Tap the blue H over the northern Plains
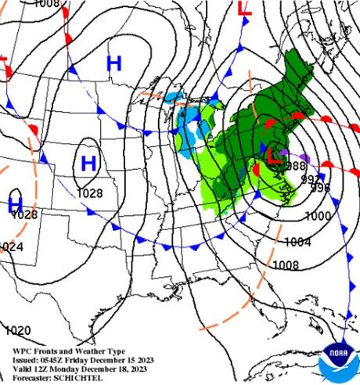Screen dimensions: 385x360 pyautogui.click(x=114, y=63)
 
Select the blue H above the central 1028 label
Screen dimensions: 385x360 pyautogui.click(x=88, y=163)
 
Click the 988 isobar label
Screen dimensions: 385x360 pyautogui.click(x=295, y=167)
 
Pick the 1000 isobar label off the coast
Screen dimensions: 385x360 pyautogui.click(x=317, y=216)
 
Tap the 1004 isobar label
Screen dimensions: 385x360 pyautogui.click(x=298, y=242)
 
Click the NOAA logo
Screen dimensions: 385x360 pyautogui.click(x=338, y=361)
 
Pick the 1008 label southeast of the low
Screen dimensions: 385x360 pyautogui.click(x=285, y=265)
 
